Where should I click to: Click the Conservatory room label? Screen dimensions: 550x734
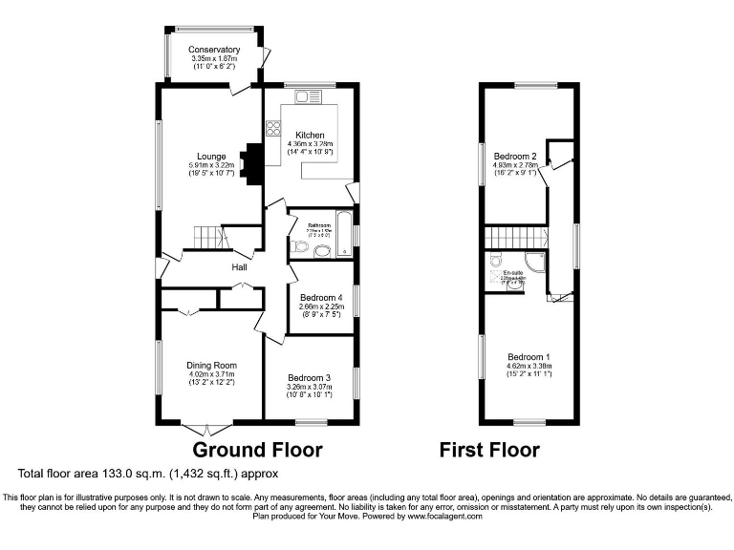point(213,50)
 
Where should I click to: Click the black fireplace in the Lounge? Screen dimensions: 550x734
point(253,165)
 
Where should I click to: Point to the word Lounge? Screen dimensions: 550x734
point(211,157)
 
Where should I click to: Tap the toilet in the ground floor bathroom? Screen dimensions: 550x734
point(300,247)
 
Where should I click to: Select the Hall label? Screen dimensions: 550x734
point(239,267)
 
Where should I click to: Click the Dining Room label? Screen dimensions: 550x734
point(212,366)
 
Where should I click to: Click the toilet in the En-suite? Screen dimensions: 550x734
point(494,261)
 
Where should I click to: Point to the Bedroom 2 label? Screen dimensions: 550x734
point(515,156)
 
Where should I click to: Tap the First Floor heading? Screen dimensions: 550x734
point(489,450)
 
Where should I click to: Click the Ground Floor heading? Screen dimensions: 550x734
point(258,450)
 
